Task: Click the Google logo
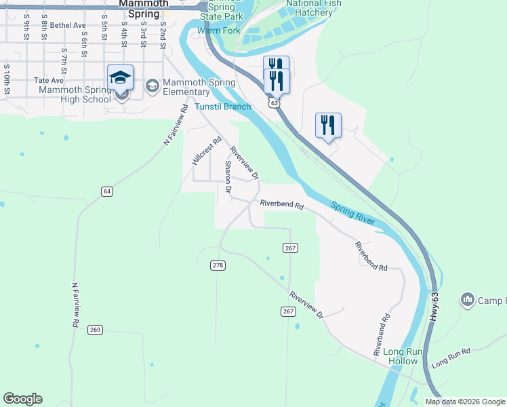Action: click(22, 399)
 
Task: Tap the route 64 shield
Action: click(107, 192)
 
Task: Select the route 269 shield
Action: click(95, 330)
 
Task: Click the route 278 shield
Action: click(218, 265)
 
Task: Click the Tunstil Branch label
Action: click(223, 106)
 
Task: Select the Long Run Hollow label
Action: click(403, 356)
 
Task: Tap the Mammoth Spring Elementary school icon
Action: click(152, 85)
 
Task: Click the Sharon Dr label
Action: click(228, 178)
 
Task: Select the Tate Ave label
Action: click(48, 80)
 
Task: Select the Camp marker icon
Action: click(467, 299)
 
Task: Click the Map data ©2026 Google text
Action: click(466, 402)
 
